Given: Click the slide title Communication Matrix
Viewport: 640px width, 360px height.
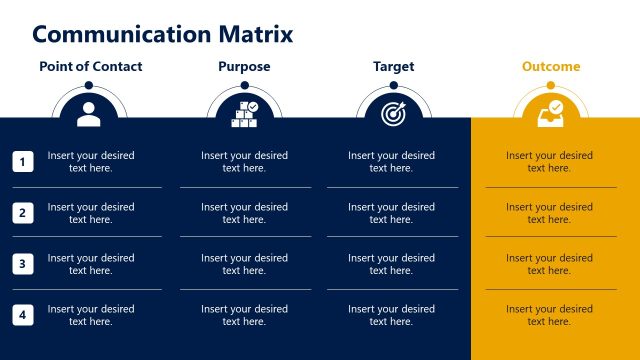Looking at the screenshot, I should tap(163, 35).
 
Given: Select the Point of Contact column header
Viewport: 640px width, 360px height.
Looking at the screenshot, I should tap(90, 67).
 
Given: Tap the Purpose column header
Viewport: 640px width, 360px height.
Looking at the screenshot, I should tap(244, 67).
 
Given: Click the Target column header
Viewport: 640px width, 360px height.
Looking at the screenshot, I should tap(393, 67).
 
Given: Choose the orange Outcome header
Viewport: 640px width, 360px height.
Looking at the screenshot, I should tap(550, 67).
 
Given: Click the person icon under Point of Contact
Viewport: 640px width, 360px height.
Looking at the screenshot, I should tap(89, 113).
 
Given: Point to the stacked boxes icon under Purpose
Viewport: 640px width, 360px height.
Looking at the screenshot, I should tap(245, 113).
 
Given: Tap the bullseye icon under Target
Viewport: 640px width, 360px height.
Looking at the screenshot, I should tap(393, 114).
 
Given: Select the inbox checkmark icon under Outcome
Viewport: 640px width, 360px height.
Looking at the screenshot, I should tap(550, 113).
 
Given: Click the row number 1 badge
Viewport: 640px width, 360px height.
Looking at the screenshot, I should tap(24, 161).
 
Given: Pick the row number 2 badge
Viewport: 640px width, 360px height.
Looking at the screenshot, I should tap(24, 212).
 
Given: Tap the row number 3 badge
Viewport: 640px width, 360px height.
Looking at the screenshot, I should tap(24, 264).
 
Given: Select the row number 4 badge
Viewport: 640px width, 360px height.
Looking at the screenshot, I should tap(24, 315).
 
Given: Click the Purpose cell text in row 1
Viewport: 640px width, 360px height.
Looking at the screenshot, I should tap(244, 162).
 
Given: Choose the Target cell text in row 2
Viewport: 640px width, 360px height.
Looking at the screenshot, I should tap(392, 213).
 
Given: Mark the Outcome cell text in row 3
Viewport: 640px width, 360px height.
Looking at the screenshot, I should tap(549, 264).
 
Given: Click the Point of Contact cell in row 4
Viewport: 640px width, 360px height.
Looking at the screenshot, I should tap(90, 315).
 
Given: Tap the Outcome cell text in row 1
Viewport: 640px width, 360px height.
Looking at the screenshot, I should tap(549, 162).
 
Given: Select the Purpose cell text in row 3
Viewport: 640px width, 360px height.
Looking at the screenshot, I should tap(244, 264).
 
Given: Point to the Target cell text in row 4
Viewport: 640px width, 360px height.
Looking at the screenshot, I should tap(392, 315).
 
